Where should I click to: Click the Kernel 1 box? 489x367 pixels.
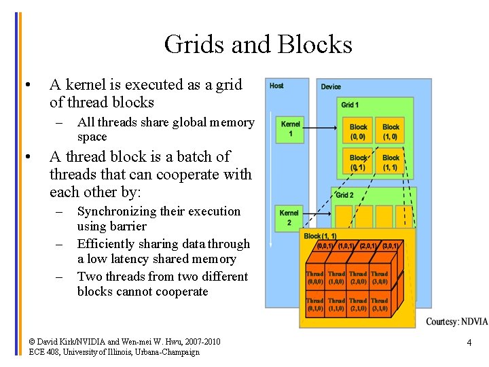(x=290, y=129)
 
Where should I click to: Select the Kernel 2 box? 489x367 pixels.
(x=289, y=217)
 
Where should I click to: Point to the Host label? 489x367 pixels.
(x=276, y=86)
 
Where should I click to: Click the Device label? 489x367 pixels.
(x=331, y=86)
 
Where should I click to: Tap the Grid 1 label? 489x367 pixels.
(x=350, y=105)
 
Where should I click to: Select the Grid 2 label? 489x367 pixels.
(x=345, y=195)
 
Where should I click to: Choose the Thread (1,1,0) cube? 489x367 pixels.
(x=336, y=304)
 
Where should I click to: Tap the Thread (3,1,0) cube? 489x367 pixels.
(x=379, y=304)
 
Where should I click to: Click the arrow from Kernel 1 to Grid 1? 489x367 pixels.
(x=319, y=128)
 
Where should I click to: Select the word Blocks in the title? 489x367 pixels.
(x=317, y=45)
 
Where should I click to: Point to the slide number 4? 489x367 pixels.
(x=469, y=343)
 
